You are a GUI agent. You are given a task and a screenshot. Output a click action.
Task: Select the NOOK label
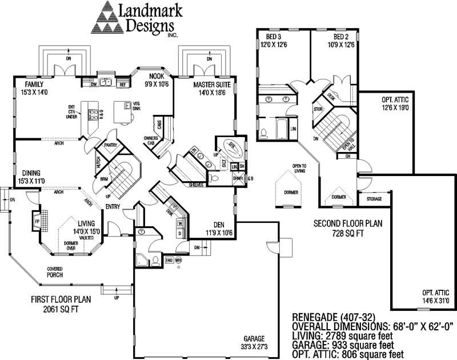point(157,77)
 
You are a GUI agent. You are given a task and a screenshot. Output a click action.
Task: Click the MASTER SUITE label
point(201,85)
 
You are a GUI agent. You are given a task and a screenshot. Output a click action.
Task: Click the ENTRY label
point(113,206)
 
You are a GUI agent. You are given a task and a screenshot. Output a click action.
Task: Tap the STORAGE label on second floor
point(375,199)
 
